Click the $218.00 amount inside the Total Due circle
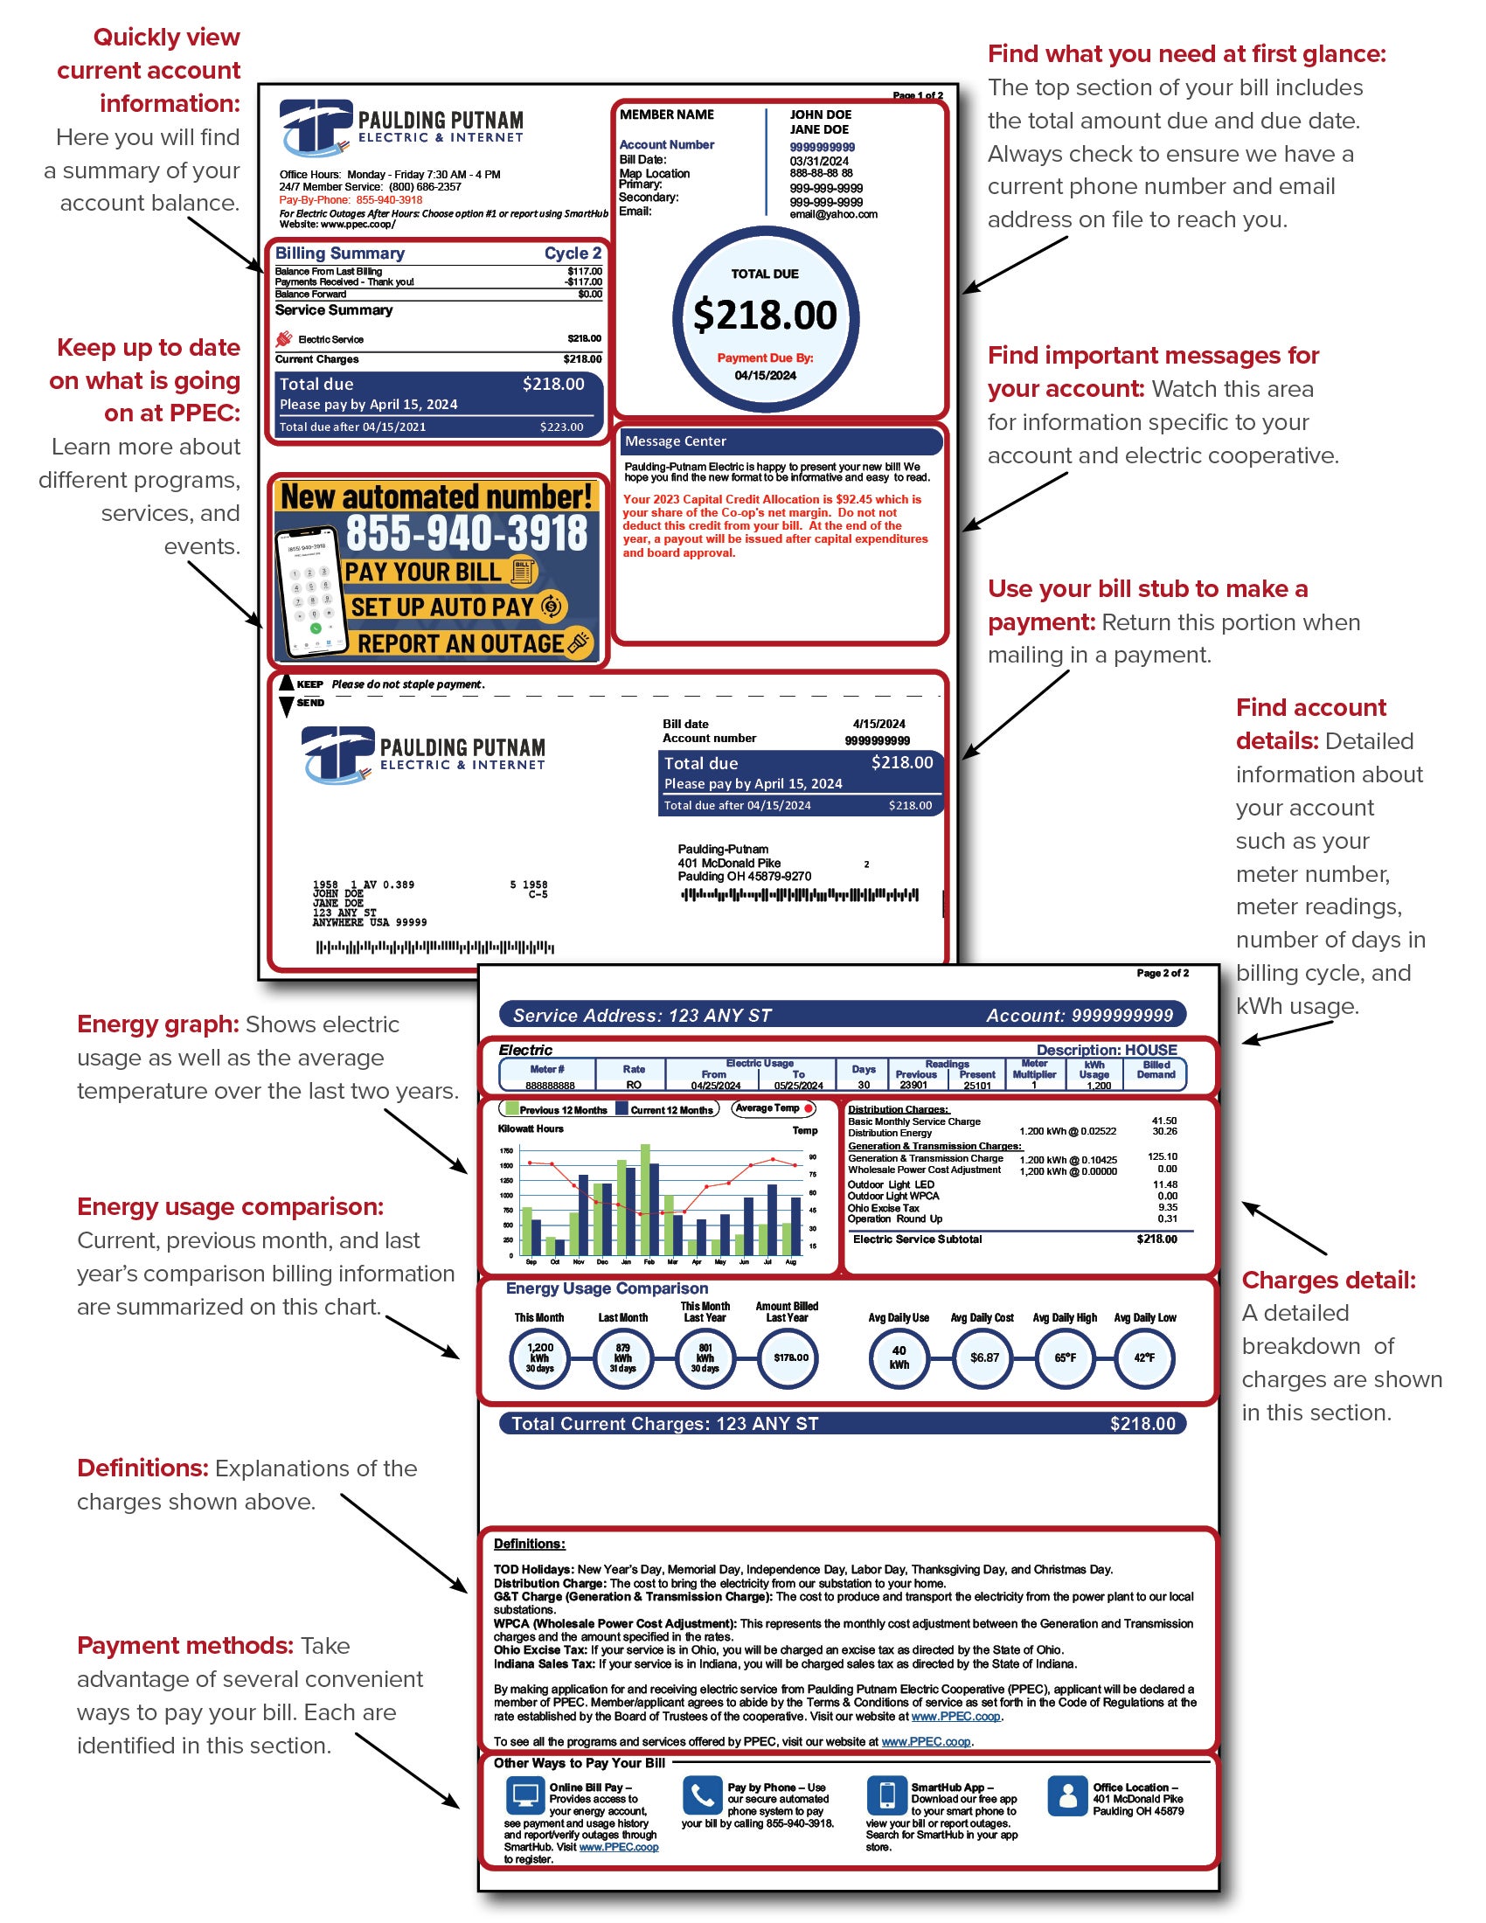(764, 316)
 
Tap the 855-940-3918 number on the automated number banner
(466, 532)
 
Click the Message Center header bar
(779, 441)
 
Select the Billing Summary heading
(340, 253)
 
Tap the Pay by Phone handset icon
(702, 1795)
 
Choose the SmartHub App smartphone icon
(886, 1795)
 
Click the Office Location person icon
(1067, 1795)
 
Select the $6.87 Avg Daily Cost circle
(983, 1357)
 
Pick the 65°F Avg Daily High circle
(1065, 1357)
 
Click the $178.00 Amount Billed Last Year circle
(789, 1357)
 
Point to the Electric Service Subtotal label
(916, 1239)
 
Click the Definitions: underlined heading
(529, 1544)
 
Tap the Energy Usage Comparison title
(607, 1288)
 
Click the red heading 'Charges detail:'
(1328, 1281)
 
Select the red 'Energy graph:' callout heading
(157, 1024)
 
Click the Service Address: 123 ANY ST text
(642, 1015)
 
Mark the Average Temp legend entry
(773, 1108)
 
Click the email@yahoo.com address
(833, 214)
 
